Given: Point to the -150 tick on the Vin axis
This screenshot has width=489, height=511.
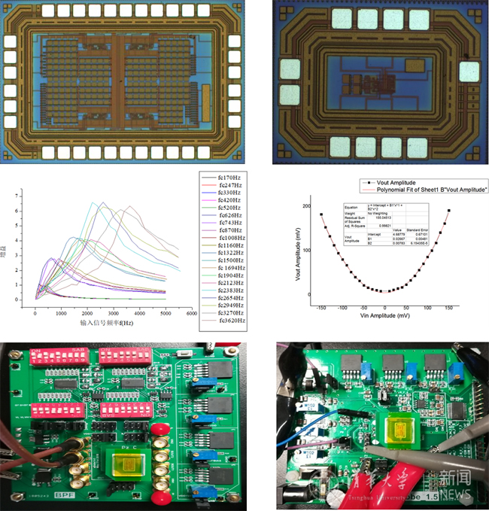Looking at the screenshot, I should tap(321, 308).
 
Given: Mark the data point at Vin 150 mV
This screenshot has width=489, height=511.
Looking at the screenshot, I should tap(449, 211).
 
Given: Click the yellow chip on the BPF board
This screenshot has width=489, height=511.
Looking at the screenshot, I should tap(121, 459).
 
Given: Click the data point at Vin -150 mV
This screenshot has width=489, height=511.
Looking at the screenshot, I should tap(321, 214).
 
